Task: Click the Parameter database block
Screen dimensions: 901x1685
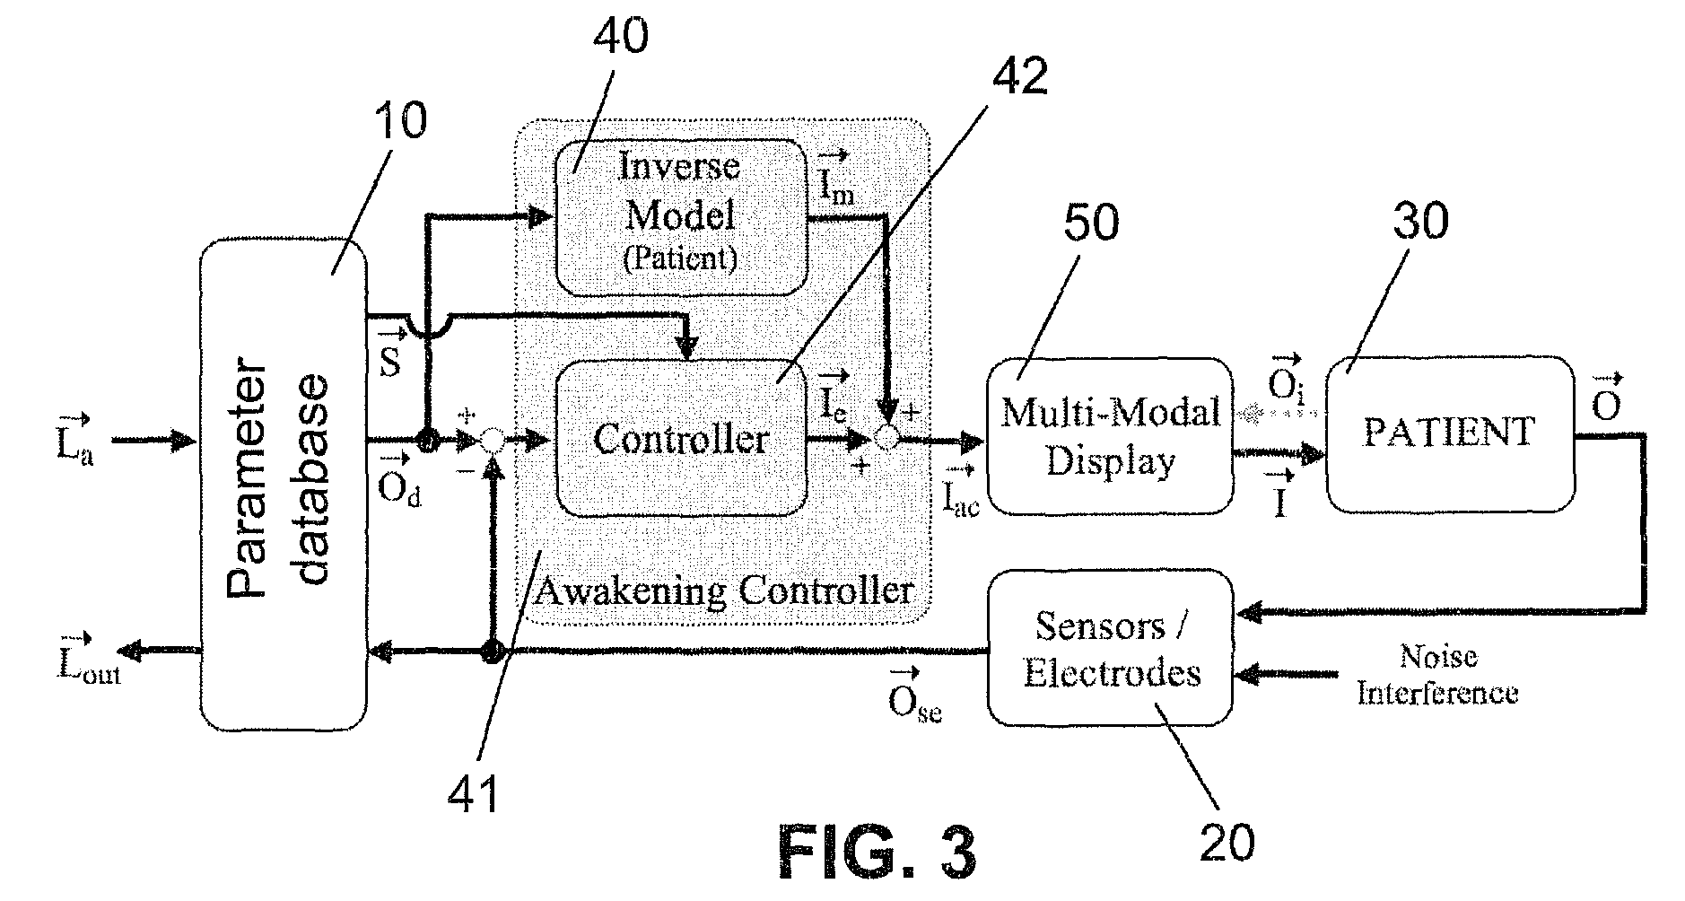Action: (x=283, y=485)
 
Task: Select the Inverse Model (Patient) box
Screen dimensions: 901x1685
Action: (x=681, y=216)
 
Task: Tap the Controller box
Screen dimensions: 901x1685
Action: (x=681, y=439)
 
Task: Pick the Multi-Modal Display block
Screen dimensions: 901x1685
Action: (x=1110, y=436)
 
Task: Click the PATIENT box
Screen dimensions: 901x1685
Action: (x=1449, y=433)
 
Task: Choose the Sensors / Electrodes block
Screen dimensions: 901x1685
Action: (x=1111, y=647)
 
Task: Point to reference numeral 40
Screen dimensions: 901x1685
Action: (x=621, y=37)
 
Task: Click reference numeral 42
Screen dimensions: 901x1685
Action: (x=1021, y=76)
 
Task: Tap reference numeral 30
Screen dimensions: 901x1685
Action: (x=1420, y=220)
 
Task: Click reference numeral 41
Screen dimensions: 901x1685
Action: (x=475, y=793)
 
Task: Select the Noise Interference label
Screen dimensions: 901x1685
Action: (x=1437, y=675)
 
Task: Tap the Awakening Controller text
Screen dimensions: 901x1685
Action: (x=723, y=590)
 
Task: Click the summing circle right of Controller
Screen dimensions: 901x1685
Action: (x=886, y=438)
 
